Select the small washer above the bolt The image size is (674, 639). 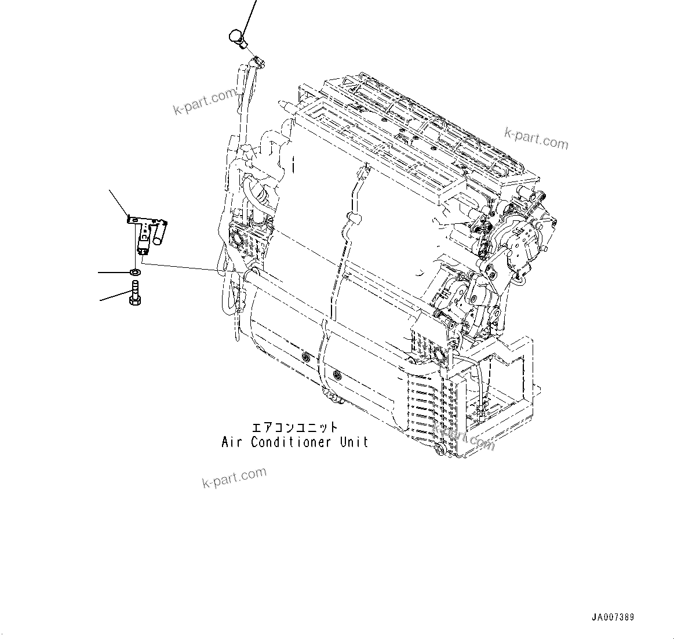tap(134, 271)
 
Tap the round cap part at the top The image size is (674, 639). tap(237, 37)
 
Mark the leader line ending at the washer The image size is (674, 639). tap(112, 271)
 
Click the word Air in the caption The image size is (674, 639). tap(231, 442)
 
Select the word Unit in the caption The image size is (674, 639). tap(354, 442)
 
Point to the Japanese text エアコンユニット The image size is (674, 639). tap(294, 428)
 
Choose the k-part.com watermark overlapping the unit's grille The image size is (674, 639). tap(464, 437)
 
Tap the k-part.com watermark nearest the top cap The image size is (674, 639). tap(205, 102)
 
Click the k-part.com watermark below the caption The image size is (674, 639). tap(234, 477)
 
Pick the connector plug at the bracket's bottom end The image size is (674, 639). tap(142, 249)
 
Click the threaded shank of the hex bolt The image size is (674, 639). tap(134, 286)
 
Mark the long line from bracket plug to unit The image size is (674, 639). tap(185, 267)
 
